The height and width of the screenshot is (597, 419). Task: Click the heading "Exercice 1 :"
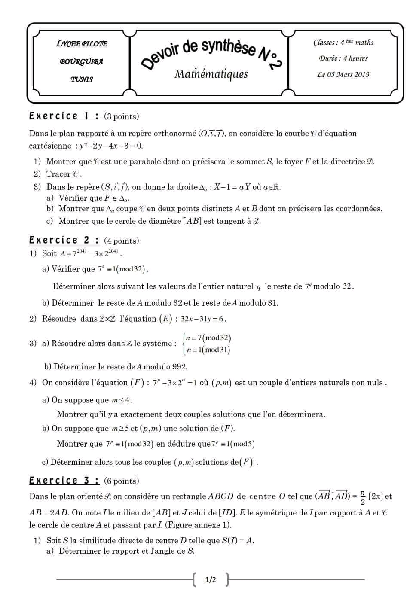pyautogui.click(x=64, y=116)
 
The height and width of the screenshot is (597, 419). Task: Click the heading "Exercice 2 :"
pyautogui.click(x=64, y=241)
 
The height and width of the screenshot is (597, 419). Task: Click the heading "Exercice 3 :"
pyautogui.click(x=64, y=481)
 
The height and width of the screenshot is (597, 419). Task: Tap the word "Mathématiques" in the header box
pyautogui.click(x=211, y=74)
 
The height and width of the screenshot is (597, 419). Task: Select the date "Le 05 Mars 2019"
pyautogui.click(x=343, y=74)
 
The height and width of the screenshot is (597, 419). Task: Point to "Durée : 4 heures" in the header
pyautogui.click(x=343, y=58)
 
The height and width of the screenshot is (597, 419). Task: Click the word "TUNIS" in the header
pyautogui.click(x=82, y=79)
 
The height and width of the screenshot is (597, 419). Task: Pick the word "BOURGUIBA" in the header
pyautogui.click(x=82, y=61)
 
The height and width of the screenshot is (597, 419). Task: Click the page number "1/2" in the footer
pyautogui.click(x=211, y=580)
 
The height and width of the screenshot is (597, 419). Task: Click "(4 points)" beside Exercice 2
pyautogui.click(x=122, y=241)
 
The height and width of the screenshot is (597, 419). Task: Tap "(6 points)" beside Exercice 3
pyautogui.click(x=122, y=481)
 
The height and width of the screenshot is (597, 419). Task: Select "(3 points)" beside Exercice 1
pyautogui.click(x=122, y=117)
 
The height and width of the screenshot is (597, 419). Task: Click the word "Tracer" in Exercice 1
pyautogui.click(x=58, y=174)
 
